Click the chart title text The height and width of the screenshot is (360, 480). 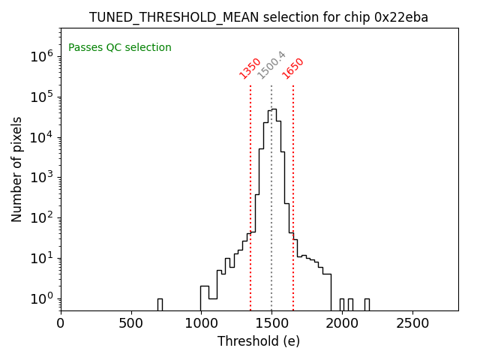click(x=259, y=17)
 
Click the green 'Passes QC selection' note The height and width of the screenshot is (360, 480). click(x=120, y=48)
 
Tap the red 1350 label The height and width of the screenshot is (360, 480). click(x=250, y=68)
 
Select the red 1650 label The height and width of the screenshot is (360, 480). click(x=292, y=68)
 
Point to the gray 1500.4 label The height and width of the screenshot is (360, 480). click(x=271, y=65)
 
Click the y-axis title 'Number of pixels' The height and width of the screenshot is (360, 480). click(x=17, y=169)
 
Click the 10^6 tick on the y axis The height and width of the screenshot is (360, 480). click(x=41, y=56)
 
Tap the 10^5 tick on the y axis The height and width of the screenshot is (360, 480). click(x=41, y=97)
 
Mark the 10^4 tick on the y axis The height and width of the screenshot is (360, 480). click(x=41, y=137)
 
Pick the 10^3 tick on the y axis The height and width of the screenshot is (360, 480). click(x=41, y=178)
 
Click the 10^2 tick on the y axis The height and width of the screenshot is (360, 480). click(x=41, y=218)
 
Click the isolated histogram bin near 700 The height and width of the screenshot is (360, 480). click(x=160, y=304)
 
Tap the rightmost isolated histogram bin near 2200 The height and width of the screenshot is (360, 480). click(x=367, y=304)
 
